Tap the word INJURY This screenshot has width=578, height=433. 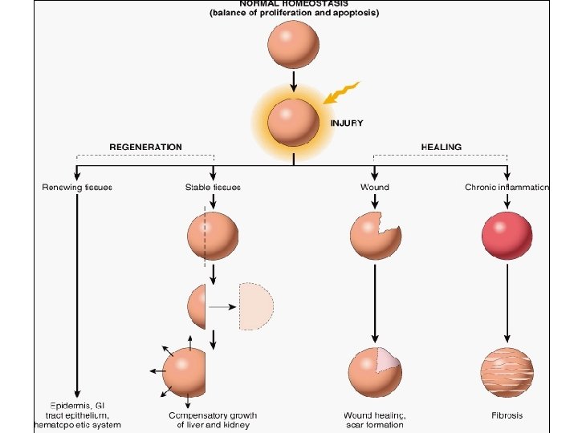(347, 123)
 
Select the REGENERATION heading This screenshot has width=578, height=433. (145, 147)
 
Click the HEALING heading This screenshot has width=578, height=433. (441, 147)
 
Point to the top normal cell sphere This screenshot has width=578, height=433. (293, 44)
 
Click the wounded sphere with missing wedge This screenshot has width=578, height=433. (374, 235)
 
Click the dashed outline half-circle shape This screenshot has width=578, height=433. (257, 306)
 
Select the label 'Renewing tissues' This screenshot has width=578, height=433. (77, 187)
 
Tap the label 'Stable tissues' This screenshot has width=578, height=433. (213, 187)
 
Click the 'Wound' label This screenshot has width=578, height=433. (374, 187)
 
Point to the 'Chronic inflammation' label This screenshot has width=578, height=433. (507, 187)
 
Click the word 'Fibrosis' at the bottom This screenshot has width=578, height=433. (507, 415)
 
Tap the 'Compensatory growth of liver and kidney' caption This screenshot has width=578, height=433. (213, 419)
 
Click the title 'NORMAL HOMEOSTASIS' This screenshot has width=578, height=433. (293, 4)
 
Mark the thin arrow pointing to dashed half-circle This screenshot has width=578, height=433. (222, 306)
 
